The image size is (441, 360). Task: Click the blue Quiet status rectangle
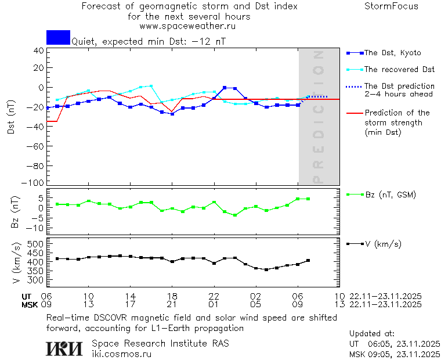(x=58, y=37)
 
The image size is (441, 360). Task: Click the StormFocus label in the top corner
(x=391, y=6)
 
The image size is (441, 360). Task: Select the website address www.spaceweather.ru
(x=187, y=26)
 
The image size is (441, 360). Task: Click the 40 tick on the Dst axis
(x=39, y=51)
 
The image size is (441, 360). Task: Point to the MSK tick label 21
(x=172, y=304)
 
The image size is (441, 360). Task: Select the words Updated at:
(x=372, y=334)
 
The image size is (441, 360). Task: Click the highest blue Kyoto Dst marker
(x=225, y=88)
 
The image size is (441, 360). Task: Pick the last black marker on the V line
(x=308, y=261)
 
